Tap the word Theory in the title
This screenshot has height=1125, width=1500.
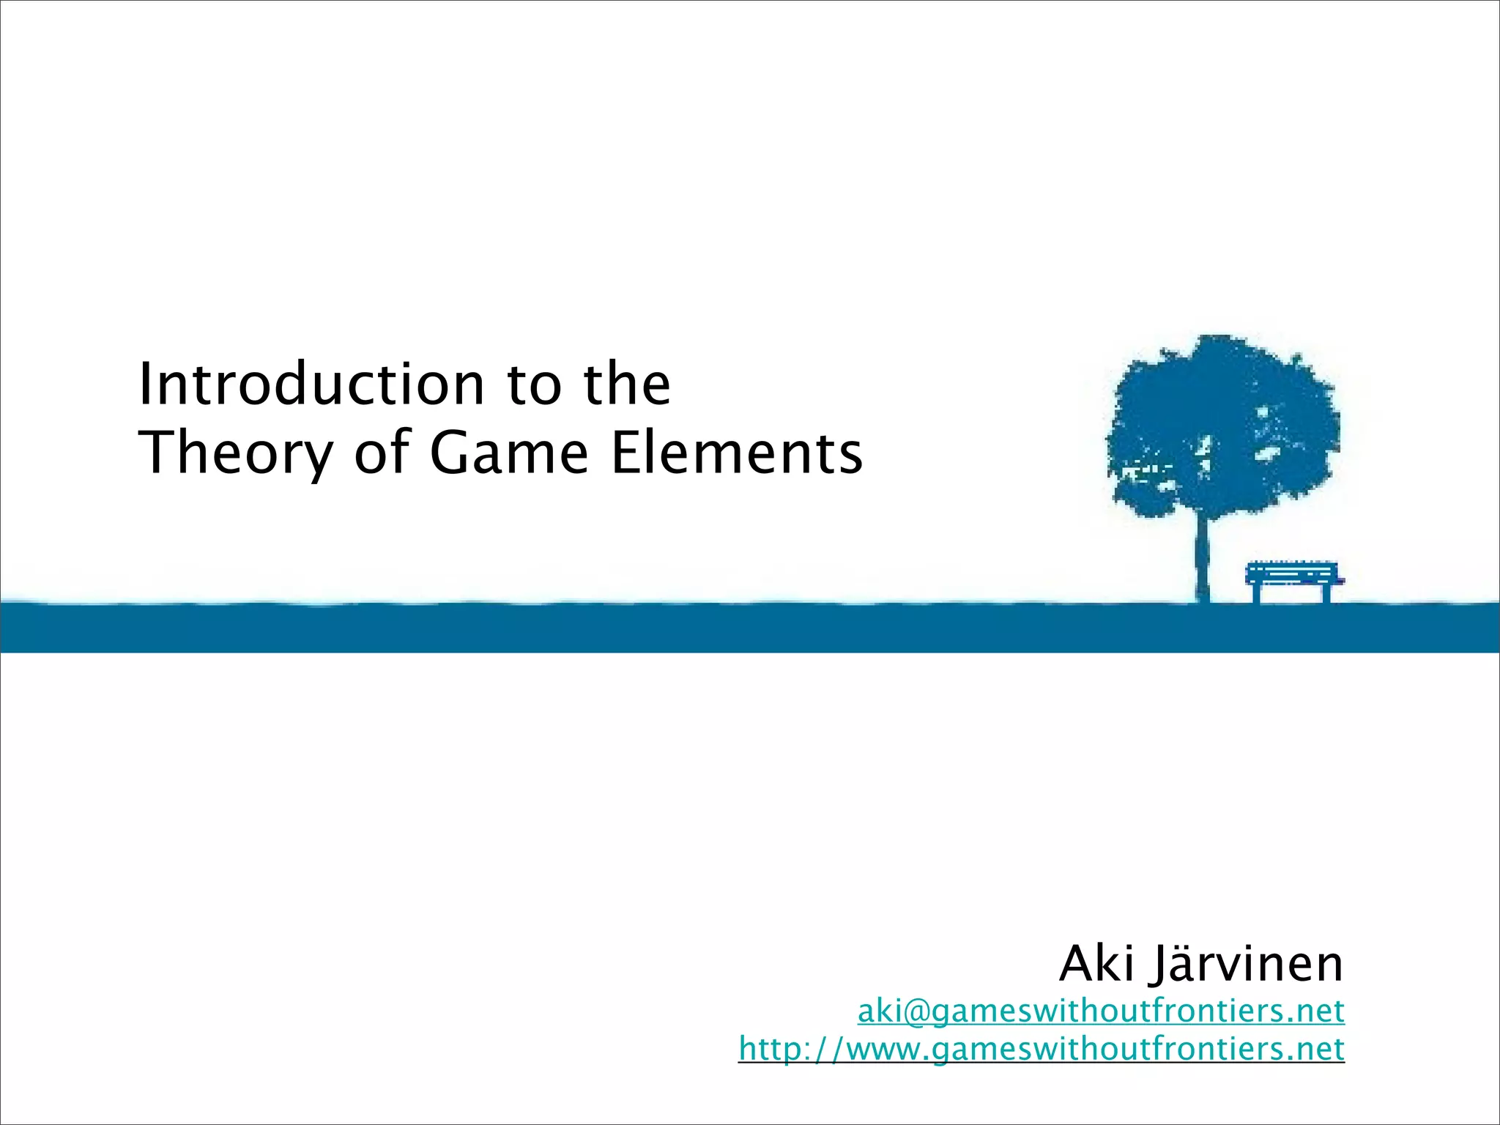237,453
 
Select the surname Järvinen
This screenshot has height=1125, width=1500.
1248,964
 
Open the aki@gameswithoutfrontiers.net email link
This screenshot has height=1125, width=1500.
1101,1011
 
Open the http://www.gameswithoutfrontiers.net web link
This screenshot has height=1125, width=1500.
1041,1049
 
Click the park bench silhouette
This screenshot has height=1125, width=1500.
1293,579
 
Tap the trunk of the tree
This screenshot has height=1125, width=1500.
1202,557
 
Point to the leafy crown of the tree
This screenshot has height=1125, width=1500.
1223,425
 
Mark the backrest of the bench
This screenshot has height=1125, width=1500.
1292,569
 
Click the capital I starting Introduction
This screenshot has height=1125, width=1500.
145,385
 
